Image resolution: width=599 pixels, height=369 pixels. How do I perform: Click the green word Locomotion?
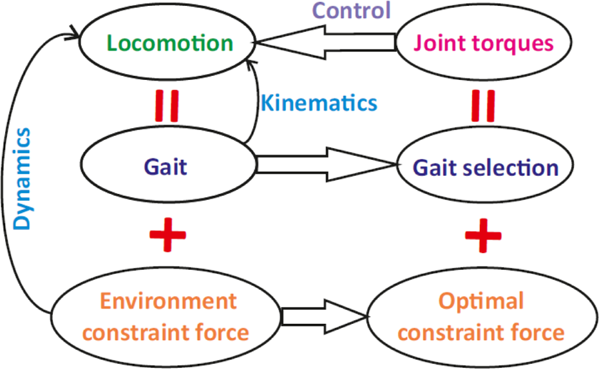pos(170,43)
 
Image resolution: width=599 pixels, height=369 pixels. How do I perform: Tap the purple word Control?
pos(352,10)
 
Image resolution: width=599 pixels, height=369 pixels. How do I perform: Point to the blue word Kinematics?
pos(319,103)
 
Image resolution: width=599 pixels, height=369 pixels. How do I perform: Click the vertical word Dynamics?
pos(22,179)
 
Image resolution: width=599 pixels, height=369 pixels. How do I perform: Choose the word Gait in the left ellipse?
pos(166,167)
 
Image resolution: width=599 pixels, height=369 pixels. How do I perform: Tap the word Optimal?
pos(481,301)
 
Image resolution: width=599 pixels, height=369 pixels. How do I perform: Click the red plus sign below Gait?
pos(167,235)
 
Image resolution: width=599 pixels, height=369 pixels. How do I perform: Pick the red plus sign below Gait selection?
pos(483,235)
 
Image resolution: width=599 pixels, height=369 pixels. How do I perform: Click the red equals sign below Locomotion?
pos(167,106)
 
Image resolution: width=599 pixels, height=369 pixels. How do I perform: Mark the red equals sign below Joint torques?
pos(483,106)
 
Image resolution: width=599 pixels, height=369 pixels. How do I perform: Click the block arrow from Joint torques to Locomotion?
pos(326,42)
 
